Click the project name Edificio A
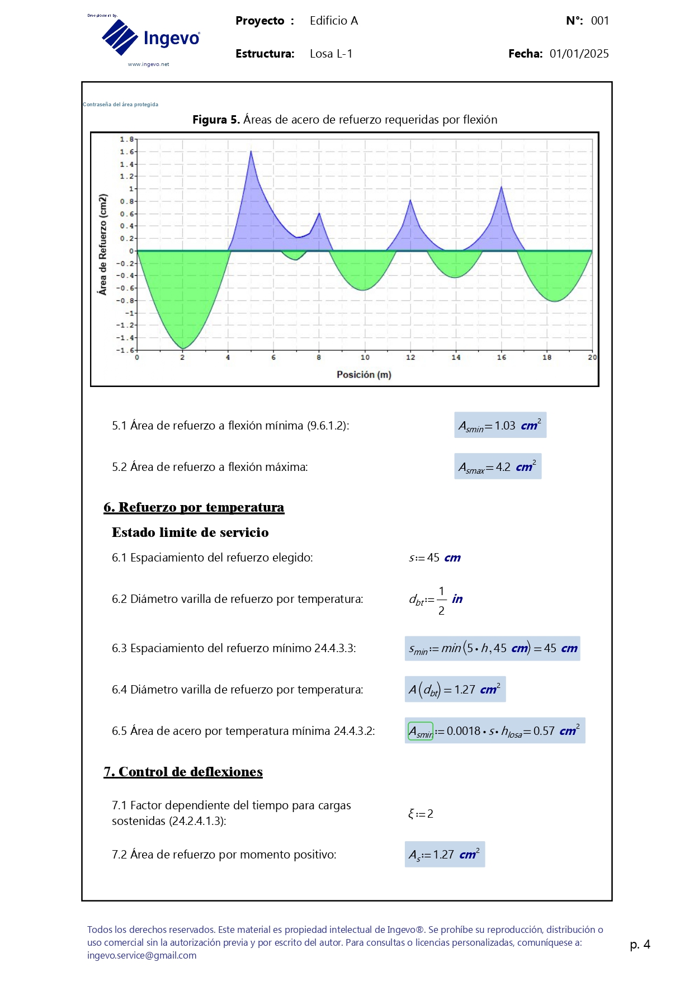(x=333, y=21)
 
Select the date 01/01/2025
(x=579, y=54)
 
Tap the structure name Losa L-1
(x=331, y=54)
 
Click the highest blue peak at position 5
(x=251, y=152)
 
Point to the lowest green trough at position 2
(x=183, y=348)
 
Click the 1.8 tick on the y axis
(x=127, y=139)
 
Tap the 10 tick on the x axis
(x=365, y=357)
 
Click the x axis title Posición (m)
(x=363, y=375)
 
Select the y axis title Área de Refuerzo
(x=102, y=244)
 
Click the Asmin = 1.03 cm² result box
(x=500, y=426)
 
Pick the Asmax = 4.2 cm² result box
(x=497, y=467)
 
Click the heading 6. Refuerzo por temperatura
(x=193, y=507)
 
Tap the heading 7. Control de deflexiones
(x=183, y=772)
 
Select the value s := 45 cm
(x=435, y=558)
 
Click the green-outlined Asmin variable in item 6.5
(x=421, y=731)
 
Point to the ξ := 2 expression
(x=421, y=814)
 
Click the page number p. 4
(x=640, y=945)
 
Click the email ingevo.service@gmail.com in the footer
(x=141, y=955)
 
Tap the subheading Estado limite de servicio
(x=190, y=532)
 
